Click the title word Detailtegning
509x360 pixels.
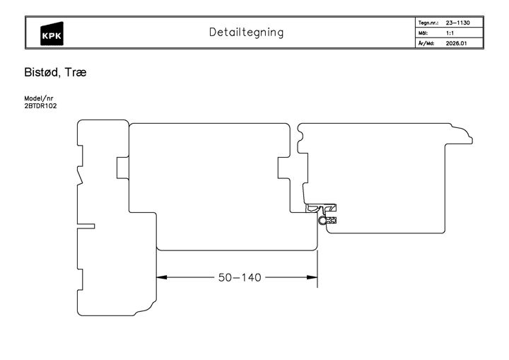coord(246,33)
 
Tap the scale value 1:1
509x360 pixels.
coord(450,33)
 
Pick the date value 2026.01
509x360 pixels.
coord(456,43)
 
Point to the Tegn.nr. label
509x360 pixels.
coord(429,23)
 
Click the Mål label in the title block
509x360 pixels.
coord(424,33)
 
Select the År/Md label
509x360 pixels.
coord(426,43)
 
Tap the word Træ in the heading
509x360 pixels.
coord(76,72)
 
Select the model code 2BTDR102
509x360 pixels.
coord(40,106)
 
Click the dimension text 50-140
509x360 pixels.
coord(240,277)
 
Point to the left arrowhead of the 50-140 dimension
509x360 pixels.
coord(161,277)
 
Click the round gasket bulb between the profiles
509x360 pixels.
coord(324,221)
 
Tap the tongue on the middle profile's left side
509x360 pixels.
coord(122,168)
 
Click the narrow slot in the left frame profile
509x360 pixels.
coord(85,226)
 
